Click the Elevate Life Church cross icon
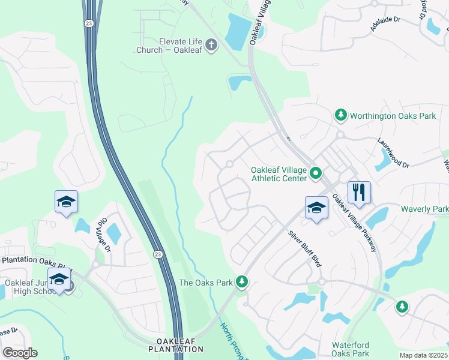coord(211,44)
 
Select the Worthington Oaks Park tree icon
coord(340,115)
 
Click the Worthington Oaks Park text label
coord(393,115)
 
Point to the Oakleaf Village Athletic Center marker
coord(316,174)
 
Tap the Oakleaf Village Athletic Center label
coord(279,173)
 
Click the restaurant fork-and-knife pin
coord(359,193)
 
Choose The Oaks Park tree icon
coord(241,281)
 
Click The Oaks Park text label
coord(206,282)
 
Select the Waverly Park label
coord(424,209)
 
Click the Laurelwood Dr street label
coord(393,154)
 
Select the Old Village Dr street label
coord(103,235)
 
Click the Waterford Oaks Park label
coord(351,350)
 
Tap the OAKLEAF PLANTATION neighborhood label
coord(176,344)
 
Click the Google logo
coord(20,353)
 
